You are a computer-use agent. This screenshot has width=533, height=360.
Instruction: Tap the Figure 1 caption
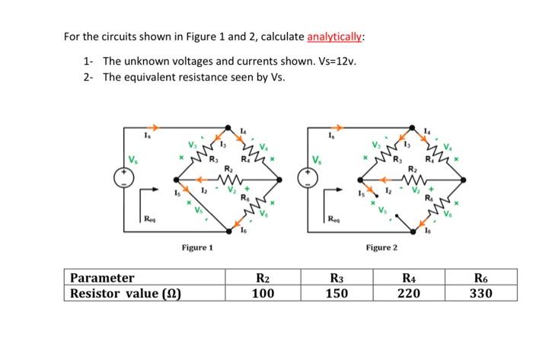pyautogui.click(x=197, y=247)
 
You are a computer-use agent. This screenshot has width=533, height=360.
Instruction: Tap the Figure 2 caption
pyautogui.click(x=381, y=247)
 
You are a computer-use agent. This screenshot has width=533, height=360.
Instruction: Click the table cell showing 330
pyautogui.click(x=480, y=293)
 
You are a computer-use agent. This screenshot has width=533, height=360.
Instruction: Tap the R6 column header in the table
pyautogui.click(x=480, y=278)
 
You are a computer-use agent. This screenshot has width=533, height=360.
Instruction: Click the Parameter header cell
pyautogui.click(x=102, y=278)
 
